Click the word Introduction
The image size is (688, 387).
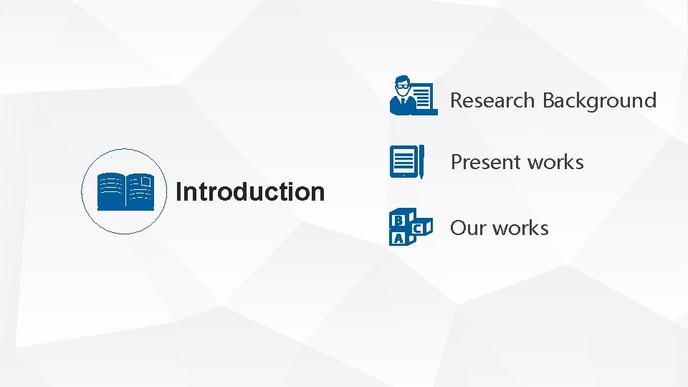pos(250,192)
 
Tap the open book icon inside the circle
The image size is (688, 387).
pos(125,191)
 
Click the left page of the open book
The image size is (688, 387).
pos(111,191)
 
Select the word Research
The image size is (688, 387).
pos(493,100)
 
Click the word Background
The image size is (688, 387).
pos(599,101)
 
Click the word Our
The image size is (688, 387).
pos(468,229)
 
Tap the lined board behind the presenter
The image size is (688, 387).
pos(423,97)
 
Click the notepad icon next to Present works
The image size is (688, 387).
pos(404,161)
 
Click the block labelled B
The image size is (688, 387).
pos(398,218)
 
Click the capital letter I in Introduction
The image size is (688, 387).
pos(178,192)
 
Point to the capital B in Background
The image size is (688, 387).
pos(548,100)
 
